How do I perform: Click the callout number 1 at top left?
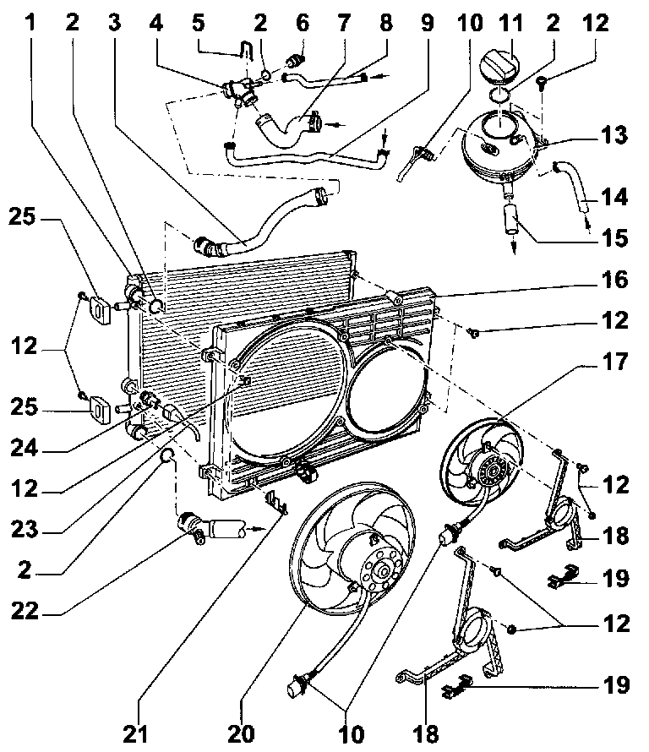coord(30,22)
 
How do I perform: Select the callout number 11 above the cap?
coord(510,23)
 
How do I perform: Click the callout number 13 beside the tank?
coord(614,135)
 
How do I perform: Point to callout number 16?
coord(614,279)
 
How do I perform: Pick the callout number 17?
coord(614,361)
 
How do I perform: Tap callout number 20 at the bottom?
coord(241,733)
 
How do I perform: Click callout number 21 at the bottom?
coord(135,733)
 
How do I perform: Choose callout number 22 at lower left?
coord(25,611)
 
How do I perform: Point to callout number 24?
coord(25,448)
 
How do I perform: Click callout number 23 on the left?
coord(25,529)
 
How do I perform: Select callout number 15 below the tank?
coord(614,238)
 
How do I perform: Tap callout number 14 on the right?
coord(614,197)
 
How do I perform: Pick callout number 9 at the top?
coord(427,23)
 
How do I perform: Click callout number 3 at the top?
coord(114,23)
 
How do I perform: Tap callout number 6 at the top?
coord(303,23)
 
